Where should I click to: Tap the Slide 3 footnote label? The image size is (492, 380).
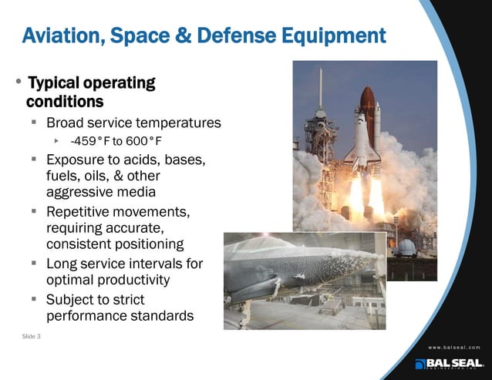32,336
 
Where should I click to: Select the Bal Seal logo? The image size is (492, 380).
448,364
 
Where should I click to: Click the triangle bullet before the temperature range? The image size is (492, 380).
57,141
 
